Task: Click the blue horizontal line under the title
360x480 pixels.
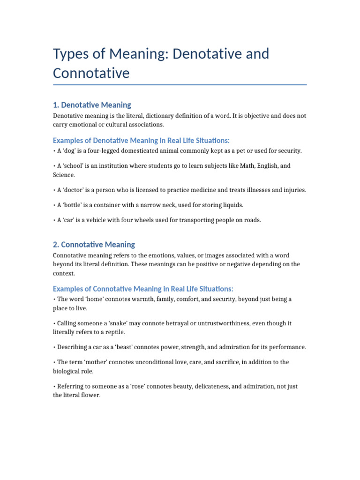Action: coord(180,85)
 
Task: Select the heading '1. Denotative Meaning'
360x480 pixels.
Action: coord(92,105)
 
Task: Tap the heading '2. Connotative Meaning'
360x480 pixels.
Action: coord(94,244)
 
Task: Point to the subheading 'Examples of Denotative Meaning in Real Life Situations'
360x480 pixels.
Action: coord(141,141)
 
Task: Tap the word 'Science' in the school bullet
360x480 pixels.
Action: coord(63,175)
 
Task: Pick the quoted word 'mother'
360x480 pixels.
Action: coord(98,362)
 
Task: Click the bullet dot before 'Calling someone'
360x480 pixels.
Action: coord(54,323)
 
